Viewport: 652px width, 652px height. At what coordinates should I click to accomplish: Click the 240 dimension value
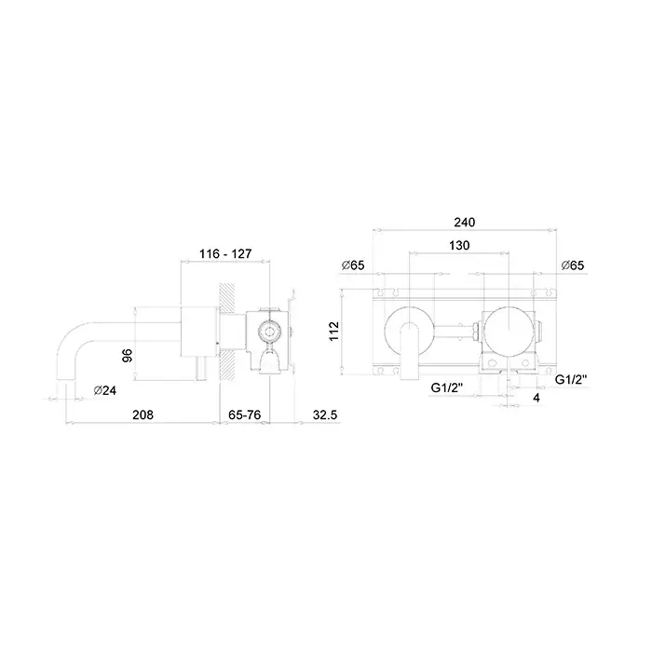465,223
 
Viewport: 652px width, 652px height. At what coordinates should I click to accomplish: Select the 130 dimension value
459,245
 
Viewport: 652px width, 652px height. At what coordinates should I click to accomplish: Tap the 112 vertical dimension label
334,332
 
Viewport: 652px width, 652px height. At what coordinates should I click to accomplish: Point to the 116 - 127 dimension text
225,253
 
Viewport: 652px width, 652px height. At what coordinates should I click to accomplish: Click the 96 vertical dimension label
128,355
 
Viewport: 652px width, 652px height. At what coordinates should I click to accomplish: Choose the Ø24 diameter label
104,390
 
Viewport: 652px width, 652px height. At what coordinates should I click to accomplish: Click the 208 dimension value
143,415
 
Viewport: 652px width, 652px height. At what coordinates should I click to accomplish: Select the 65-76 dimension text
244,415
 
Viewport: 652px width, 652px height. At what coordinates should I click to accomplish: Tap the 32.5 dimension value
325,415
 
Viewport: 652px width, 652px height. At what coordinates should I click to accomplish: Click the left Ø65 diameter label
353,265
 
